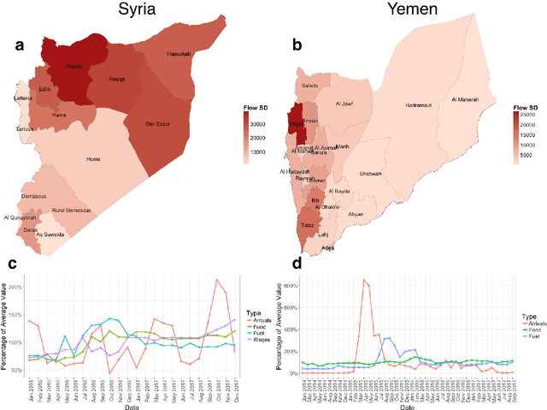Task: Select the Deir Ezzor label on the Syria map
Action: point(156,124)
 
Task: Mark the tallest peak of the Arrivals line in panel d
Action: point(364,279)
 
